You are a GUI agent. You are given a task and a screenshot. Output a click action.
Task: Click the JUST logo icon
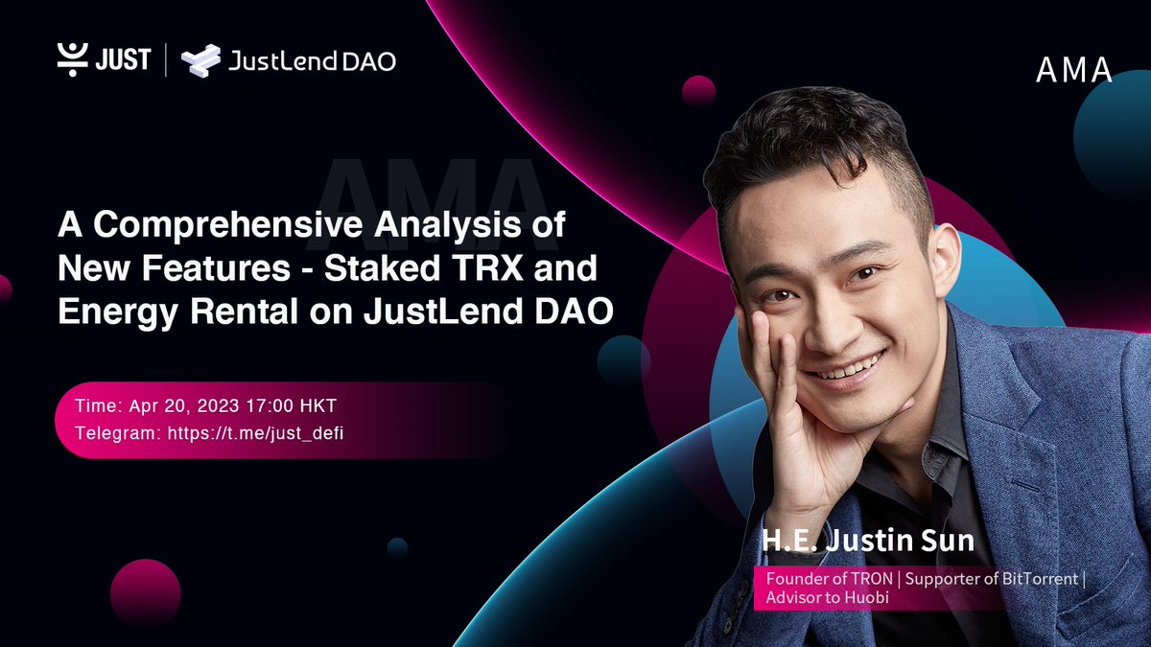coord(72,59)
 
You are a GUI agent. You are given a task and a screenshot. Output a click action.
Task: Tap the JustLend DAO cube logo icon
coord(201,60)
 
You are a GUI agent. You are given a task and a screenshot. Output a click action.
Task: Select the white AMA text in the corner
coord(1073,70)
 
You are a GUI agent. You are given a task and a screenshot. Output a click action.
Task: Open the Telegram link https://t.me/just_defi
coord(256,432)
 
